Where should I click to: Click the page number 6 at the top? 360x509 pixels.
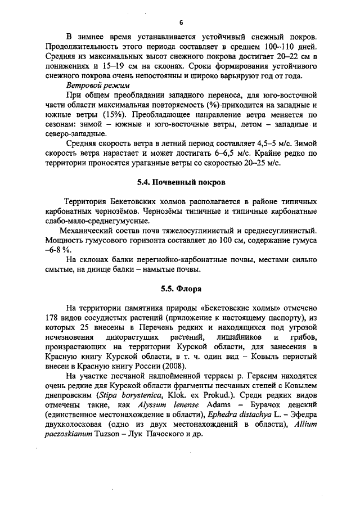[181, 22]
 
